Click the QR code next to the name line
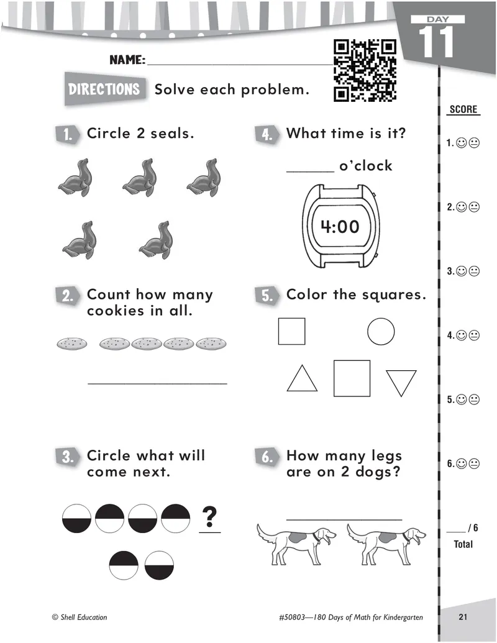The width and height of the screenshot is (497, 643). [x=365, y=70]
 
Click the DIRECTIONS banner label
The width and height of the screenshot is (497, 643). [x=104, y=89]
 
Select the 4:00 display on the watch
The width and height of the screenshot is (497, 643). [x=340, y=227]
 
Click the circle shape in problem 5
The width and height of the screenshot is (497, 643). [x=381, y=331]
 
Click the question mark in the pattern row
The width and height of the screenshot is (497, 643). [x=210, y=516]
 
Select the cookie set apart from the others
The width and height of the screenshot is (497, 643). [x=72, y=343]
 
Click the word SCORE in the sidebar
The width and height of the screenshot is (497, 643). [x=463, y=109]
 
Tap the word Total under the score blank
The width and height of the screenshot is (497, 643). [x=463, y=544]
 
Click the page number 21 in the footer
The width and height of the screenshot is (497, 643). [x=462, y=617]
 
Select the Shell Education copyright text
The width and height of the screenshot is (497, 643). [x=80, y=617]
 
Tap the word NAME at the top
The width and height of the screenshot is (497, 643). [x=127, y=60]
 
